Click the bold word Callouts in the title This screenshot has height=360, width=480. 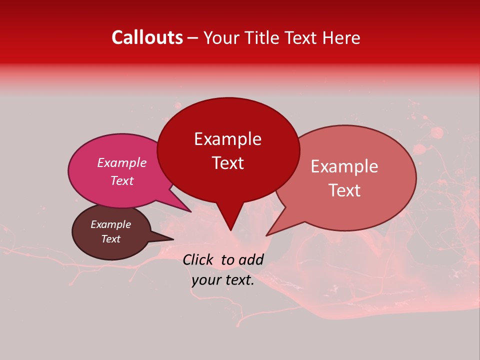tap(147, 37)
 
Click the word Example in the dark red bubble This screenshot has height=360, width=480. tap(227, 139)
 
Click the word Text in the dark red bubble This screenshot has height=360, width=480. tap(227, 163)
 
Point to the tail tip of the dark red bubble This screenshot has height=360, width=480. tap(230, 230)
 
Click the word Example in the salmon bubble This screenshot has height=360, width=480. tap(344, 166)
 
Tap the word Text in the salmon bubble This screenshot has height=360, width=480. tap(344, 190)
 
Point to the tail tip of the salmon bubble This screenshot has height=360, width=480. tap(267, 235)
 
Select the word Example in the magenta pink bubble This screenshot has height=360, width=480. tap(121, 162)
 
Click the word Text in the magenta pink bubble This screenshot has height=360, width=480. tap(121, 180)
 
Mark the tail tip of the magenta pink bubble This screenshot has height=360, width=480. tap(191, 211)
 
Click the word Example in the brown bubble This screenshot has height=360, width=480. tap(110, 224)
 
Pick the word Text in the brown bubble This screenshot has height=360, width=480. tap(110, 239)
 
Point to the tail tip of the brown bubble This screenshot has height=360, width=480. tap(173, 239)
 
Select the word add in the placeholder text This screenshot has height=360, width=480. tap(251, 259)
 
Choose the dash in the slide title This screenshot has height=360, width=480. tap(193, 38)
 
